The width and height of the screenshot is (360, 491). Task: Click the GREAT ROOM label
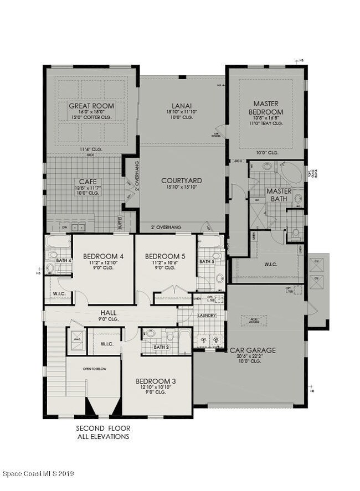91,106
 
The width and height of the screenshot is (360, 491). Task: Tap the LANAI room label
182,104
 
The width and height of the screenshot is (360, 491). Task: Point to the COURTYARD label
181,180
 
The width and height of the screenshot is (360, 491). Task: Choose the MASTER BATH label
279,195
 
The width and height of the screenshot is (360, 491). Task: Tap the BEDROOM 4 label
102,256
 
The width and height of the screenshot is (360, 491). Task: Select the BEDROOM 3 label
156,381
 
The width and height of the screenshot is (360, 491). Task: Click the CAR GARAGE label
253,350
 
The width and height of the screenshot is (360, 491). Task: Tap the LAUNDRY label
206,316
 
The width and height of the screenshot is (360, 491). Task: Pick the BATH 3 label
161,347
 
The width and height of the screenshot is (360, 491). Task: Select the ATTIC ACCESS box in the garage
254,321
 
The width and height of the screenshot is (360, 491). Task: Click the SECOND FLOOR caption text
102,428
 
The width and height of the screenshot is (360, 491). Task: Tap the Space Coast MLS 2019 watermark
38,474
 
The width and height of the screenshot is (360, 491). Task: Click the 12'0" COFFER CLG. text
91,117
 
